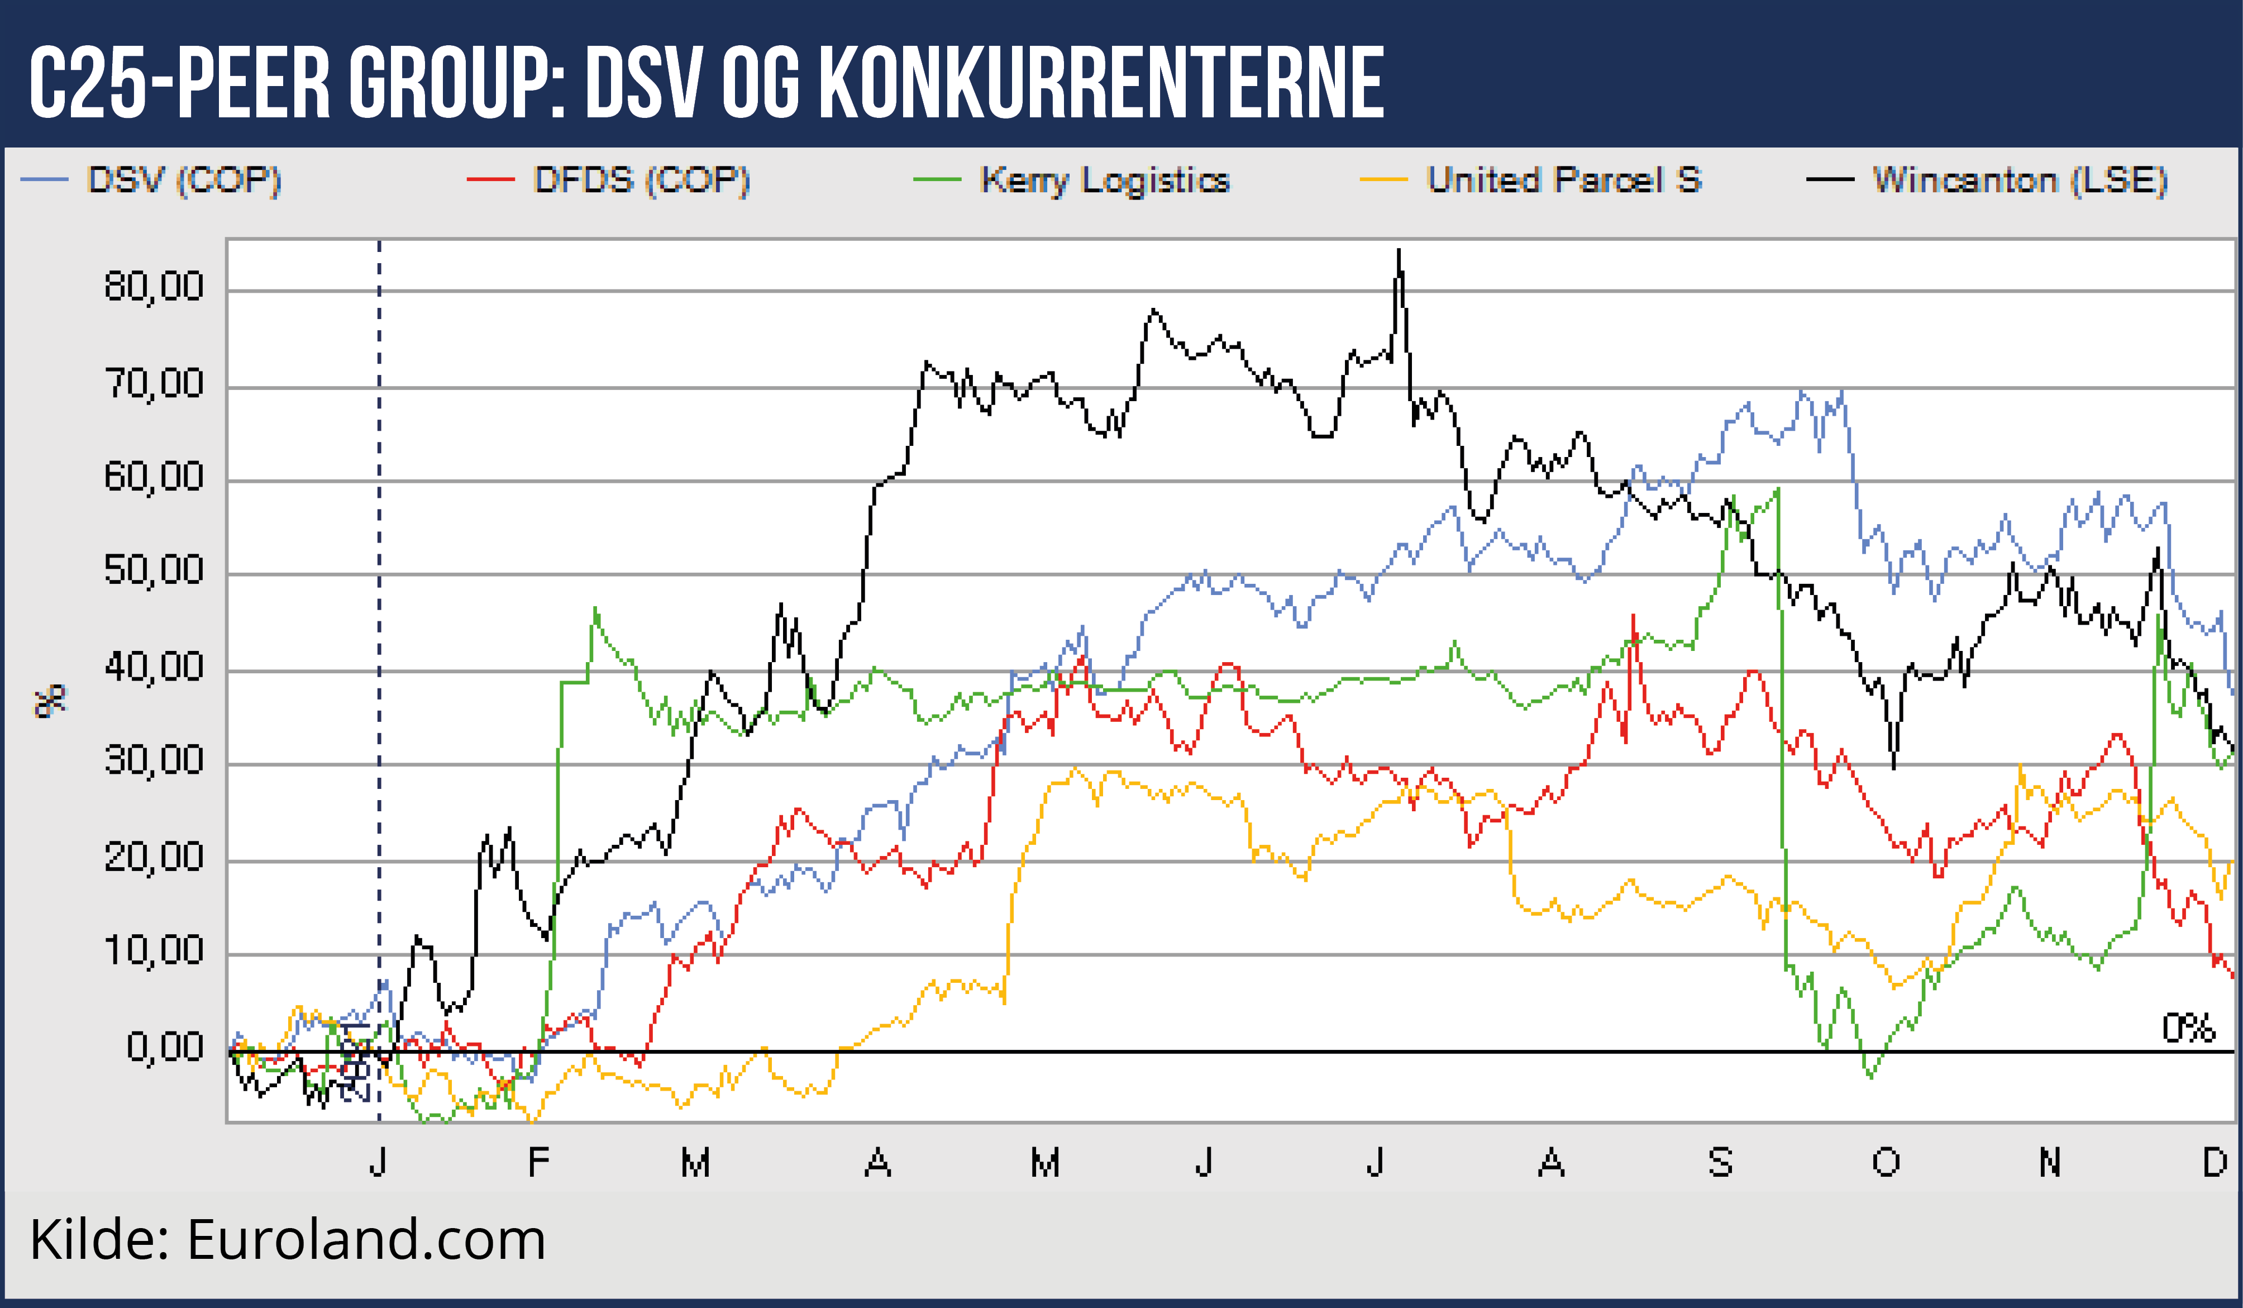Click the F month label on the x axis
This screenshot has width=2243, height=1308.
click(538, 1163)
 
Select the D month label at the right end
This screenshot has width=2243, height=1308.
click(2215, 1163)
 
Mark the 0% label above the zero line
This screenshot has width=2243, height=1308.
click(2188, 1029)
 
